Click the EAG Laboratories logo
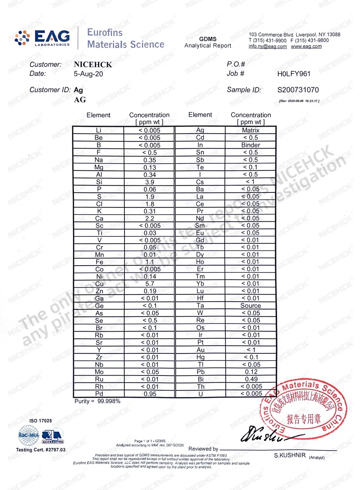(x=42, y=38)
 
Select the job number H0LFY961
(x=294, y=74)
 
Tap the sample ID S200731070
(x=298, y=90)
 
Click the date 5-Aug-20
(x=88, y=74)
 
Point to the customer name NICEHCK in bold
(x=93, y=65)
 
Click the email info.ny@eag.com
(x=267, y=47)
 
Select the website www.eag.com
(x=306, y=47)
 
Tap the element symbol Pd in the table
(x=99, y=394)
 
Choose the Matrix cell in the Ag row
(x=250, y=130)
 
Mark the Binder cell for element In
(x=250, y=145)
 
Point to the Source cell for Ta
(x=250, y=306)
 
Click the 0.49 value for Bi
(x=251, y=379)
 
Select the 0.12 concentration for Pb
(x=251, y=372)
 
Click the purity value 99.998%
(x=109, y=401)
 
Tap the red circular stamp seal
(x=304, y=409)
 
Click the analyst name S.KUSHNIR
(x=289, y=455)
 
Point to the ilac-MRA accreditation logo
(x=29, y=435)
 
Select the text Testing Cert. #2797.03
(x=40, y=449)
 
